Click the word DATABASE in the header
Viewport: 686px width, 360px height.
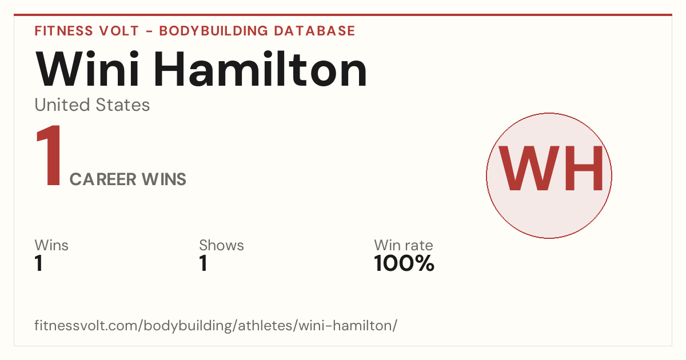(314, 31)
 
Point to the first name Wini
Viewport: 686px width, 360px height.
(87, 69)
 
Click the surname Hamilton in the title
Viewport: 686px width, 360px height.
(260, 69)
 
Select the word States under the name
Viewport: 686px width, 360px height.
(122, 105)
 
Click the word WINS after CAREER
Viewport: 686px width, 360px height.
(164, 179)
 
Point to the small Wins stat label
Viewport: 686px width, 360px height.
(51, 245)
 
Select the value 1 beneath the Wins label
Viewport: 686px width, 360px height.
(39, 263)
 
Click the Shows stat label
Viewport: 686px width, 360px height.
(221, 245)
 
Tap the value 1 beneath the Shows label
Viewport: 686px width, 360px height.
(204, 263)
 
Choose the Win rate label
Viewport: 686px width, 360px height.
(404, 245)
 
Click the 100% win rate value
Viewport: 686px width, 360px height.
(404, 263)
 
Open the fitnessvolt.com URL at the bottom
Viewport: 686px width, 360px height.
(216, 325)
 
